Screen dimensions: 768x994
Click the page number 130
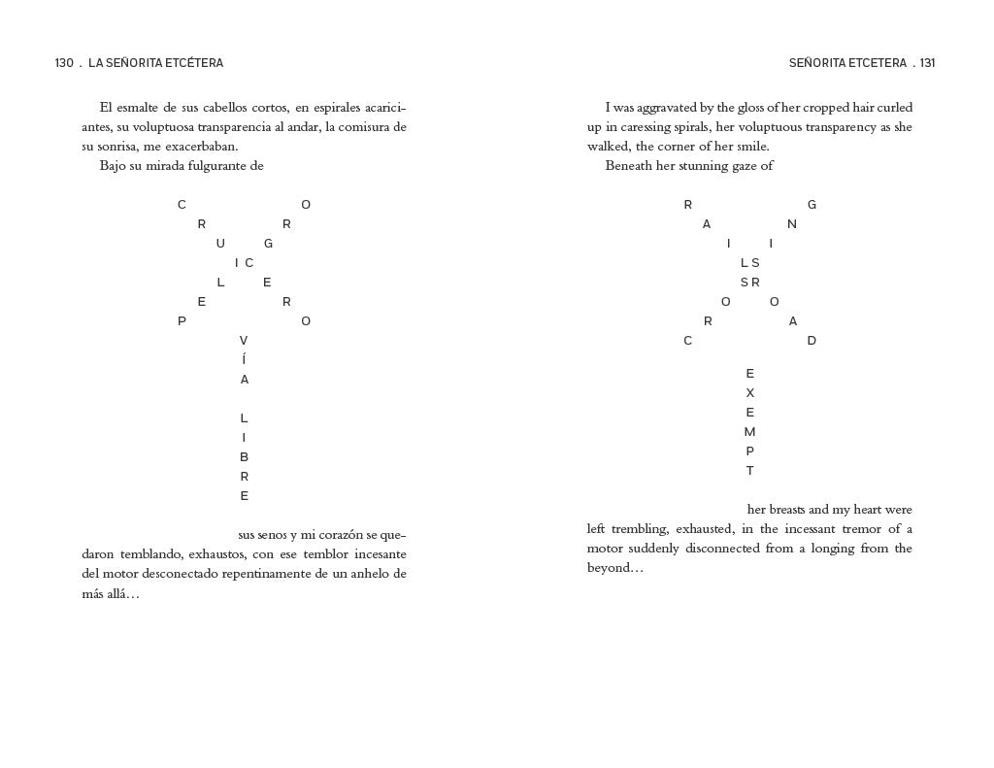coord(64,63)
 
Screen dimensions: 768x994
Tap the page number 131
coord(927,63)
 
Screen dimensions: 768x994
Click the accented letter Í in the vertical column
coord(244,359)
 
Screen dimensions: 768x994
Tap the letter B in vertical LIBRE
coord(244,457)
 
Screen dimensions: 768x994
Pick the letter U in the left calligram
coord(220,244)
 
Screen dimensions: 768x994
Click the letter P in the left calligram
coord(182,321)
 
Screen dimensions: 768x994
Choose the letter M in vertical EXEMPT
coord(749,432)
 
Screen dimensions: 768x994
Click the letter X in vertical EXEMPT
coord(749,393)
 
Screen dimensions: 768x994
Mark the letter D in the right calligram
coord(812,341)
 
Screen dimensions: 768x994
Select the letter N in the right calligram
coord(792,224)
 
